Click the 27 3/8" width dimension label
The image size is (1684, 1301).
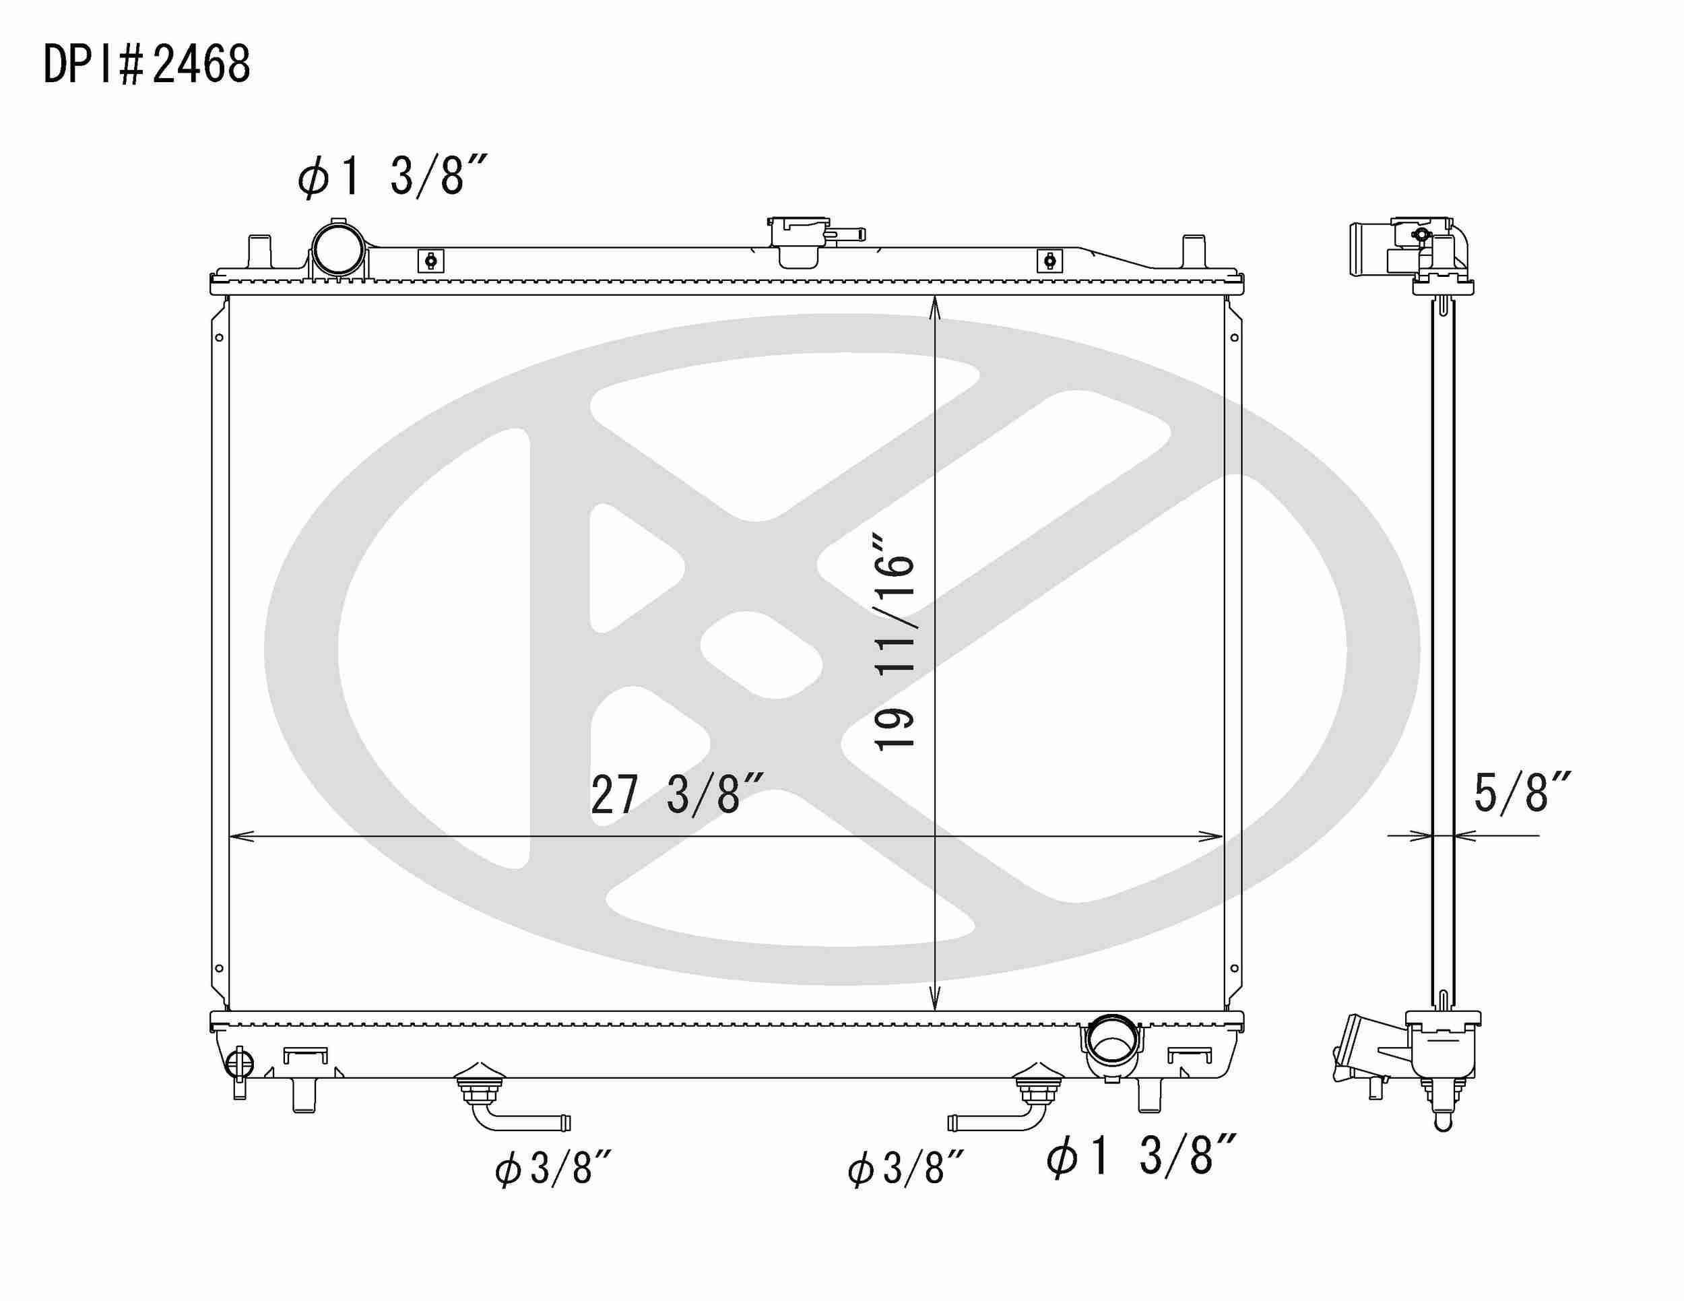[x=676, y=795]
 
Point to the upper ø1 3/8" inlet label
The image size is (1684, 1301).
[x=392, y=176]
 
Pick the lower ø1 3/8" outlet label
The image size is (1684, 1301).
[x=1141, y=1156]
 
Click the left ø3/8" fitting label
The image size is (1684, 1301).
[x=553, y=1168]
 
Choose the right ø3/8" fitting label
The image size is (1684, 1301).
[x=905, y=1168]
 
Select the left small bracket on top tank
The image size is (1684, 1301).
[x=431, y=261]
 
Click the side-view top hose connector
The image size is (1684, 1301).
[x=1369, y=249]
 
